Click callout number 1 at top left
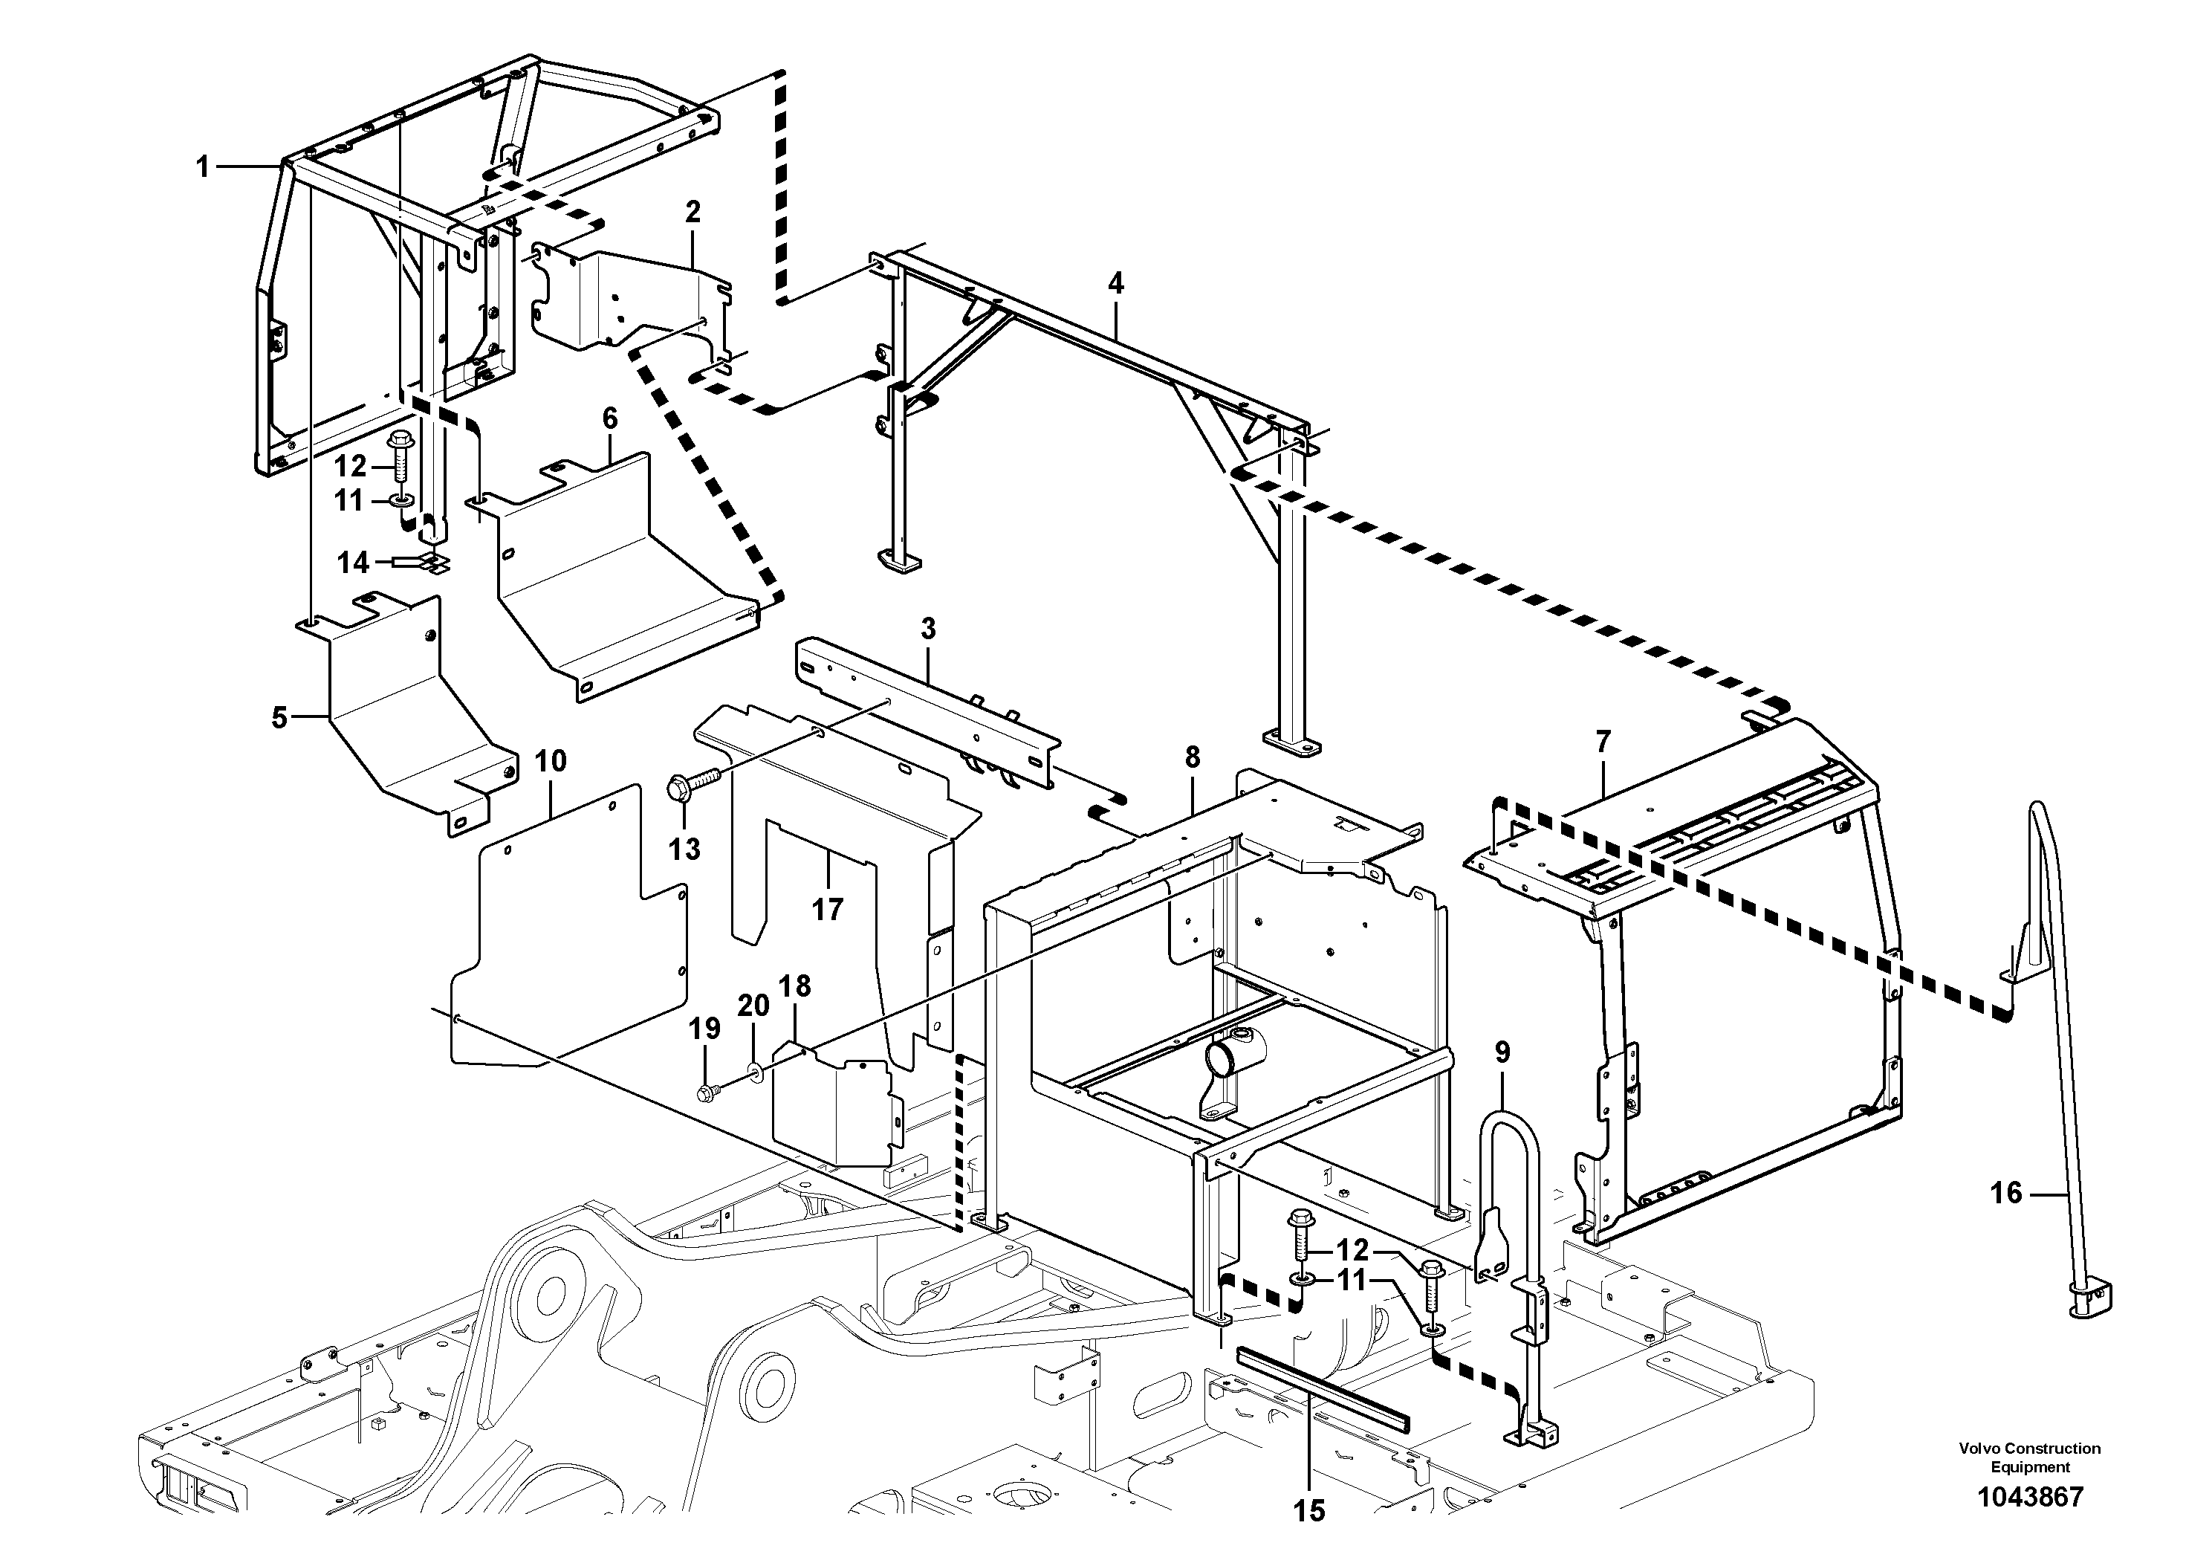(202, 168)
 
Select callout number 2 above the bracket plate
(693, 212)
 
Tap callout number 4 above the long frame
(1115, 283)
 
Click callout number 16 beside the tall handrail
(2006, 1194)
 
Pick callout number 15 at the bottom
(1309, 1511)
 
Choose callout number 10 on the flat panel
(551, 761)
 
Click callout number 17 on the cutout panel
(826, 909)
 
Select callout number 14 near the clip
(354, 562)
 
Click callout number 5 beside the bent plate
(279, 718)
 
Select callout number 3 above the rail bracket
(928, 630)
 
